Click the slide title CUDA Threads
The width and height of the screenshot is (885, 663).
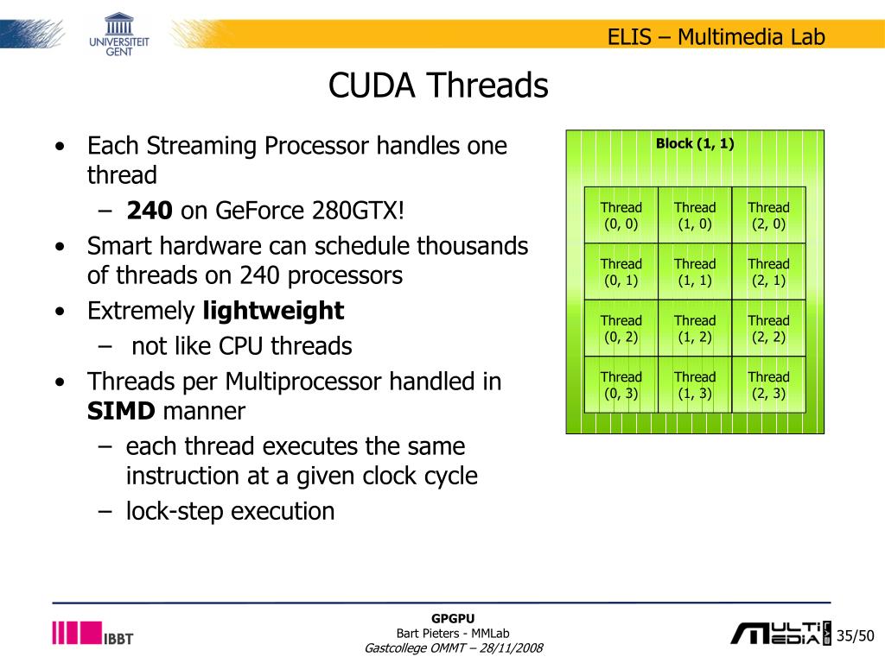(x=438, y=86)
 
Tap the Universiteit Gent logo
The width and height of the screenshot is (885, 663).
(x=118, y=34)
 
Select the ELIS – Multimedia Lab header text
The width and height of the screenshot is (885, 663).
(x=716, y=37)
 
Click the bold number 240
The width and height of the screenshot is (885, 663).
(x=150, y=211)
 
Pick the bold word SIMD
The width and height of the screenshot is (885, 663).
(x=121, y=411)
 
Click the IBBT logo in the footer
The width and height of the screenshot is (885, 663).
(x=93, y=634)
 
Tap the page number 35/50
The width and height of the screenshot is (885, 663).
(x=856, y=636)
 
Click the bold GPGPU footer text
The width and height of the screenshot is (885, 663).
(x=454, y=617)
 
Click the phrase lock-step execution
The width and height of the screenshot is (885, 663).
(x=230, y=511)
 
